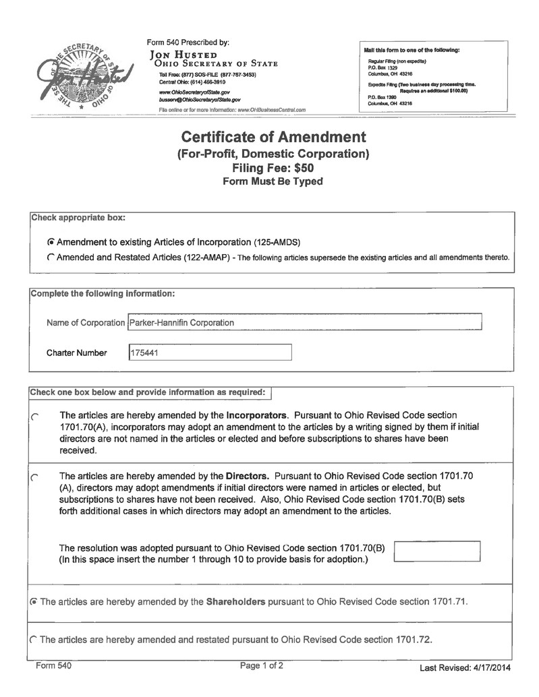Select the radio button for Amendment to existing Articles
coord(51,241)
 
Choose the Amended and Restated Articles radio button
coord(51,257)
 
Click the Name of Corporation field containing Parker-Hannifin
coord(304,322)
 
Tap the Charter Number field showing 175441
coord(210,353)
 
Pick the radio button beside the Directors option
coord(35,478)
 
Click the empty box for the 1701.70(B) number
coord(436,551)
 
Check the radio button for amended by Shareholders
coord(34,601)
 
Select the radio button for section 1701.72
coord(34,639)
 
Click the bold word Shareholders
coord(235,601)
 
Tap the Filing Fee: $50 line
coord(273,168)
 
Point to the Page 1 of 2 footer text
coord(262,666)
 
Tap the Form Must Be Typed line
coord(273,181)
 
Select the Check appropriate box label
coord(78,218)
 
